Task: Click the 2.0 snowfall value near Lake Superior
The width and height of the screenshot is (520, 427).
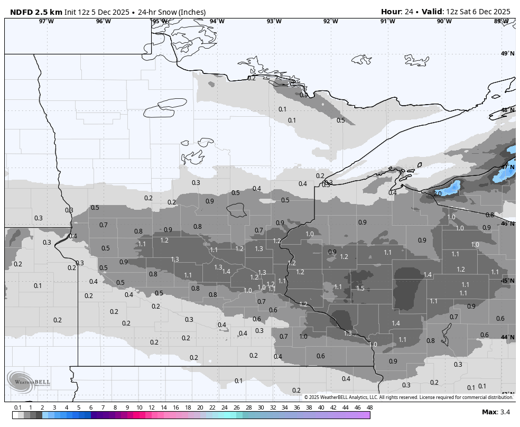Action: (437, 194)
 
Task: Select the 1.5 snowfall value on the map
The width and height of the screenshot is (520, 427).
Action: (360, 288)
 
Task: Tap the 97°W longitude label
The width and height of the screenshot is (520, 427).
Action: (46, 21)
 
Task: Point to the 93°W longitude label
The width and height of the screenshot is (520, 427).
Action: (274, 21)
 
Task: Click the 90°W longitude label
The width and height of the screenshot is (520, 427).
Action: (444, 21)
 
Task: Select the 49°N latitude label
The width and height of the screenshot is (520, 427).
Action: (507, 54)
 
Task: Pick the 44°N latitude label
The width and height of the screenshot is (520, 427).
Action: (507, 337)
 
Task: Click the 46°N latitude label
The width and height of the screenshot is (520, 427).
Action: (507, 224)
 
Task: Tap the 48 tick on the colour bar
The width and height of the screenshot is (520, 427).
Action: (369, 407)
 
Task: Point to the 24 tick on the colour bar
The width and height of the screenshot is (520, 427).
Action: (224, 407)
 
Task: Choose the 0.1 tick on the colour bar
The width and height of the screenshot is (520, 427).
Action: (17, 407)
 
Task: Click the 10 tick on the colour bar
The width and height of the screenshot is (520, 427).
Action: (139, 407)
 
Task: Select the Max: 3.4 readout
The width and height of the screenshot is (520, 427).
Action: (496, 412)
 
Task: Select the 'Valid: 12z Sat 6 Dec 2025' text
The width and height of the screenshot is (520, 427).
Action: (466, 12)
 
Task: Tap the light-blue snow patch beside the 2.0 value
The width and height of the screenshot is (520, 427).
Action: (450, 188)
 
